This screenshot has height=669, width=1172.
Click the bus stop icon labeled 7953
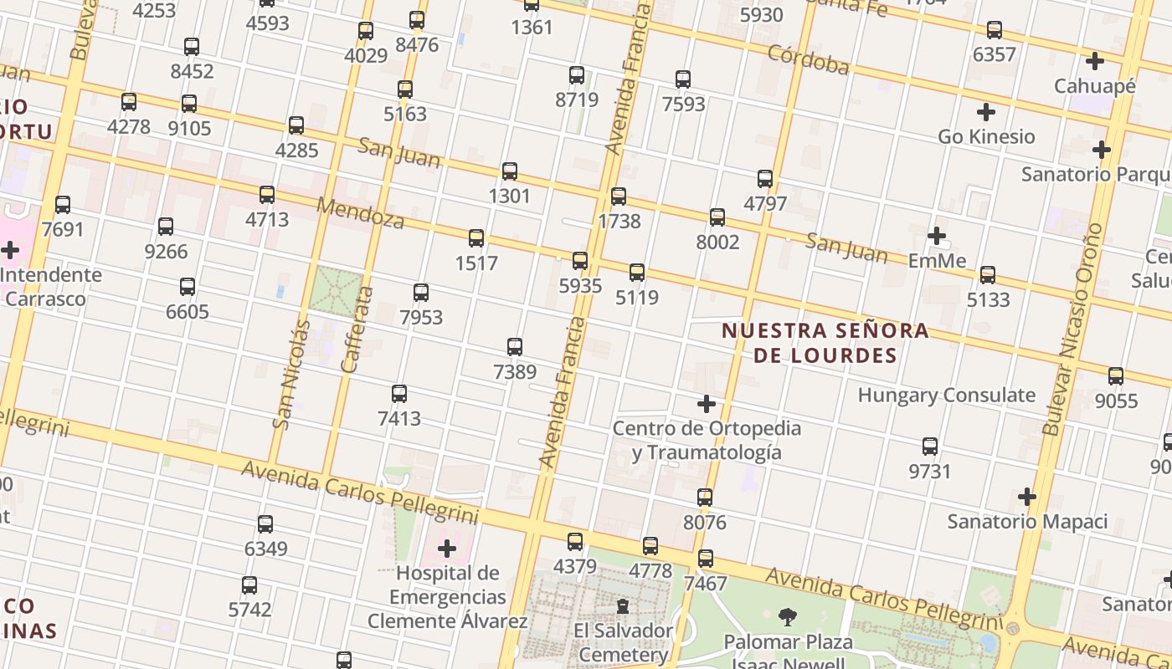point(421,293)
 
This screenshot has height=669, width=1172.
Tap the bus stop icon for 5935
point(580,261)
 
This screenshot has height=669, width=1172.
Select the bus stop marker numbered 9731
point(930,447)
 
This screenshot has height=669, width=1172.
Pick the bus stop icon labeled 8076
point(705,498)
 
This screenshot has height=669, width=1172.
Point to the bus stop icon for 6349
point(265,524)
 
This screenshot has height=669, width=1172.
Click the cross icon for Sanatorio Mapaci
point(1027,497)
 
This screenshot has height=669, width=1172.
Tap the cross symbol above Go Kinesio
point(986,111)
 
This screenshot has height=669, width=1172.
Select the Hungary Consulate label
point(946,395)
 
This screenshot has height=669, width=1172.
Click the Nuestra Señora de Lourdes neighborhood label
point(825,342)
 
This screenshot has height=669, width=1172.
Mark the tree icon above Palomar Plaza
point(787,617)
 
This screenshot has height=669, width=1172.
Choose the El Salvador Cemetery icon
point(623,605)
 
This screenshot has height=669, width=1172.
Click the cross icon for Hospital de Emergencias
point(447,549)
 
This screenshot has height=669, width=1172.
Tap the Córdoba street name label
point(808,59)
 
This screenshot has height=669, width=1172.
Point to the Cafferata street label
point(357,329)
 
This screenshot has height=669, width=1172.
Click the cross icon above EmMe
point(937,236)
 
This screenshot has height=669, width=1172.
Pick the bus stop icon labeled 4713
point(267,195)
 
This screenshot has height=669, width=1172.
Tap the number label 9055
point(1116,401)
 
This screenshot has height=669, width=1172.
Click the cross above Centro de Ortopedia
point(707,404)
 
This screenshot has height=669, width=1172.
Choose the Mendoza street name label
point(360,213)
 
